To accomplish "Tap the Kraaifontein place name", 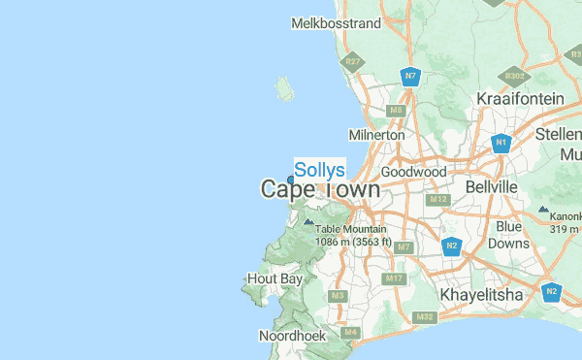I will (520, 99).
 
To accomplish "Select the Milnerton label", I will (376, 135).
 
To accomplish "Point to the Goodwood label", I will (414, 172).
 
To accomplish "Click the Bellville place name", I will (492, 185).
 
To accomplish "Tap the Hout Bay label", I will (275, 278).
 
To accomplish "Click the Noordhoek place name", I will (290, 336).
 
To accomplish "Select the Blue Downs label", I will (508, 235).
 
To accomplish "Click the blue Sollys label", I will (319, 170).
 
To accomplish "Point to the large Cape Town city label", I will (320, 190).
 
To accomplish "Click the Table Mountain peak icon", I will (308, 221).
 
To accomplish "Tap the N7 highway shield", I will (411, 76).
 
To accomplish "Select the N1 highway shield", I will (501, 144).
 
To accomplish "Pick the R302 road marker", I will (514, 75).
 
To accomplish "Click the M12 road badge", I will (437, 200).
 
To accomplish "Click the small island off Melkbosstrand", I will (284, 89).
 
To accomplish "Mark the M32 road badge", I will (424, 317).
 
